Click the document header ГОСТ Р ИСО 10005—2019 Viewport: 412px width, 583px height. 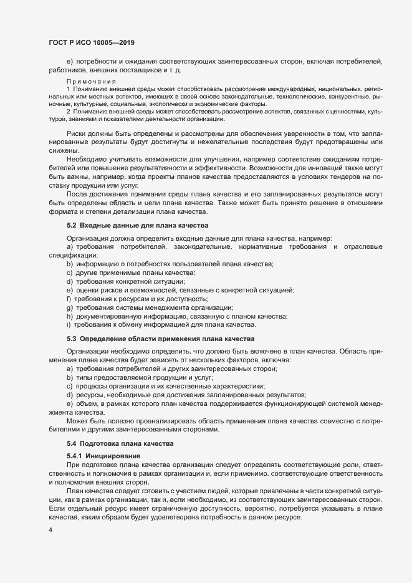tap(92, 42)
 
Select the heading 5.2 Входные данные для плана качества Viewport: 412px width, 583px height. tap(137, 224)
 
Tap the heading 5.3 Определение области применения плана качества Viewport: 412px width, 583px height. tap(161, 339)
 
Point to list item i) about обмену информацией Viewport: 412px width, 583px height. tap(160, 325)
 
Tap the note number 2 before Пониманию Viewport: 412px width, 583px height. tap(68, 111)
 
